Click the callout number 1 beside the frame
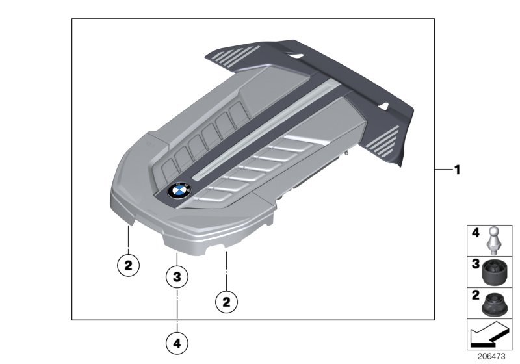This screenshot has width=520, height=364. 458,170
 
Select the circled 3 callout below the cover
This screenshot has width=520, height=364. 177,276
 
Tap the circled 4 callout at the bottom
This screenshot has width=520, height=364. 177,343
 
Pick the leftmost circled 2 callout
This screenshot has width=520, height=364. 129,265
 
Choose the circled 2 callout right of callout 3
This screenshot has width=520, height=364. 226,302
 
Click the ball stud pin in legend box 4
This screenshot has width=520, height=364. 494,240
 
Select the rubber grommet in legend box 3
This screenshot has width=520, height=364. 494,272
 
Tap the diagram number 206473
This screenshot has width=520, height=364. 491,356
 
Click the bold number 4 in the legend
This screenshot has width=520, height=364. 476,233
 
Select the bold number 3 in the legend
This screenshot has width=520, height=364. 476,264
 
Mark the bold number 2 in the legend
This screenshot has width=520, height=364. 476,295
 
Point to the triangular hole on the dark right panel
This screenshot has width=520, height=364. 383,106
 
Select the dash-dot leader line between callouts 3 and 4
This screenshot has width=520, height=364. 177,310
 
